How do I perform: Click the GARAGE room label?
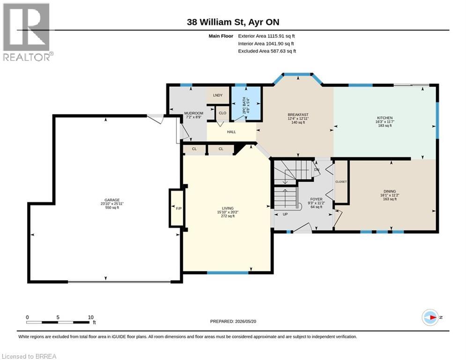click(112, 200)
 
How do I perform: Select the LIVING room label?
click(228, 208)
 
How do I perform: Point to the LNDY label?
click(218, 95)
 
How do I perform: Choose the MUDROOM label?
click(193, 113)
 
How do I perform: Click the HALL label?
click(231, 132)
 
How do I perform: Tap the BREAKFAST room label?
click(298, 114)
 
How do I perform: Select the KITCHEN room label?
click(385, 118)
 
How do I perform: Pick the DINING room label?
click(390, 191)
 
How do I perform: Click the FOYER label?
click(316, 199)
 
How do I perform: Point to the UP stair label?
click(285, 214)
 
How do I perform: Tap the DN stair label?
click(317, 170)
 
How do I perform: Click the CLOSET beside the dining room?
click(341, 181)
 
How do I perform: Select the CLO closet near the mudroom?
click(222, 113)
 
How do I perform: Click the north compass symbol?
click(430, 317)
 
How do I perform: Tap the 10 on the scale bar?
click(91, 317)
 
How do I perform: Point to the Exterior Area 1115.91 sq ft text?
click(266, 36)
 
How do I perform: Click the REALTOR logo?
click(27, 32)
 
